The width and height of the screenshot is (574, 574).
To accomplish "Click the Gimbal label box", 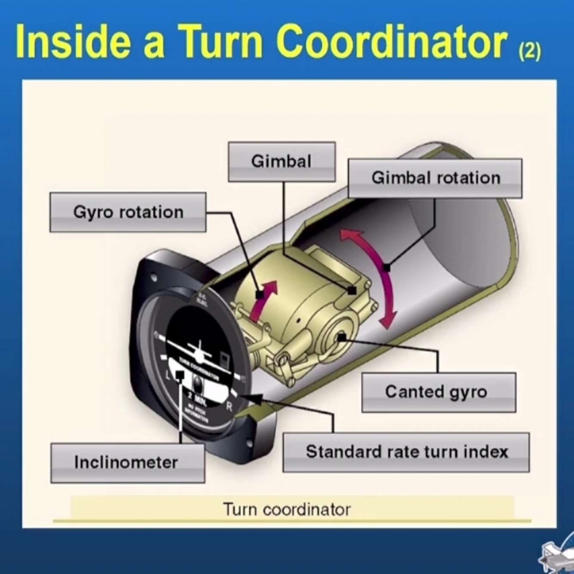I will coord(281,162).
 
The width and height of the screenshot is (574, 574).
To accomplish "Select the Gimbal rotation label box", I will coord(435,178).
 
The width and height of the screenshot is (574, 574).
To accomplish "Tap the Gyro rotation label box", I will coord(128,212).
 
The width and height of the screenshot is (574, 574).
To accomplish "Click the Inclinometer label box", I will coord(127,463).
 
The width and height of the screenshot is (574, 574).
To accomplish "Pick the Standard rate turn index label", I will coord(406,452).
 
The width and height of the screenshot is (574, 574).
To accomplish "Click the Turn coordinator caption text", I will coord(287,509).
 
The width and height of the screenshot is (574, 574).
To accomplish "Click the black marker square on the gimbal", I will coord(352,290).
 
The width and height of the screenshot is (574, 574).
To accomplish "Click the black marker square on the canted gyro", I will coord(342,337).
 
